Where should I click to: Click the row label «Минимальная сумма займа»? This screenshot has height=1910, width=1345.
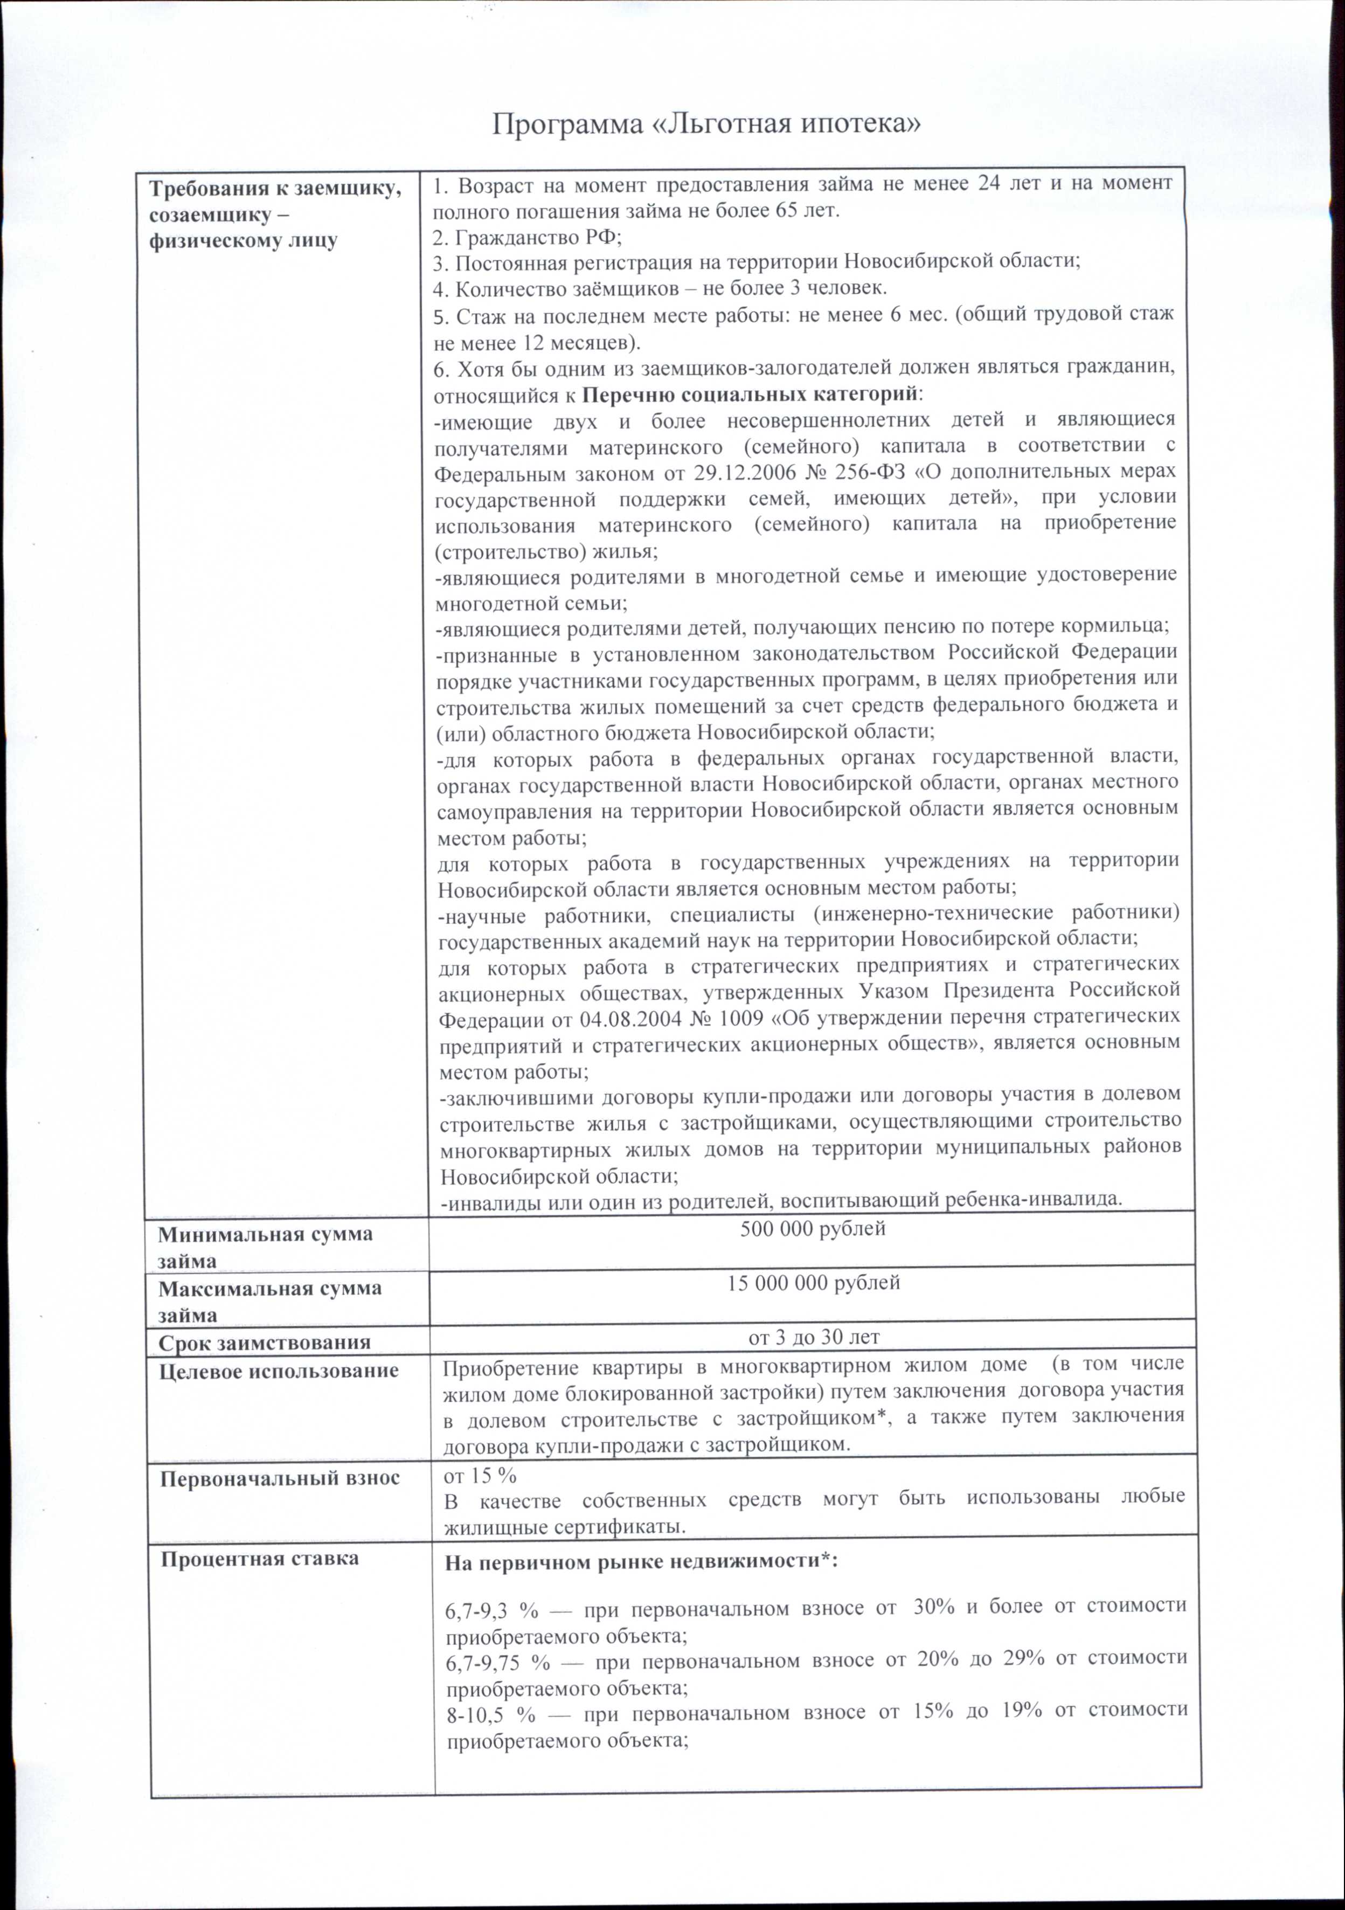pos(265,1246)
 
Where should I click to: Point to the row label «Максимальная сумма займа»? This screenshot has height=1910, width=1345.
pos(269,1301)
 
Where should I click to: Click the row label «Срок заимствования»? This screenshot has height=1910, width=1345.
pos(265,1342)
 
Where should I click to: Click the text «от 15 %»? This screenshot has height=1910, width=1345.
pos(480,1475)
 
